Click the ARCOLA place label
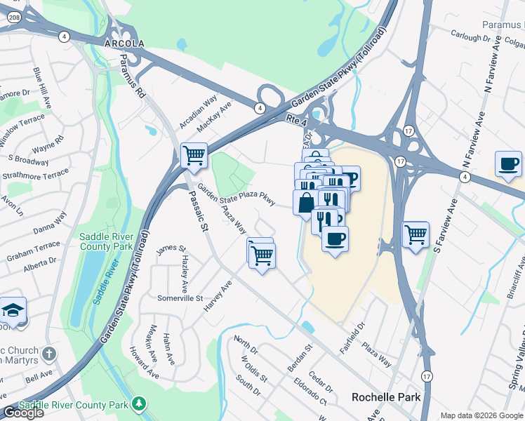click(124, 44)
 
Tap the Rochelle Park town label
click(385, 397)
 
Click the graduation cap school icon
click(13, 309)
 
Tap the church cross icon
click(48, 353)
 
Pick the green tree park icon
click(139, 403)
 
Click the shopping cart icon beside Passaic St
click(194, 155)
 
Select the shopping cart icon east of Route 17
click(416, 234)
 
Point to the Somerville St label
click(180, 298)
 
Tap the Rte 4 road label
click(298, 121)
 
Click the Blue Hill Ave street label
click(42, 88)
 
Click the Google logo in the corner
click(23, 413)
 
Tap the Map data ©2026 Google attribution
click(481, 415)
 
